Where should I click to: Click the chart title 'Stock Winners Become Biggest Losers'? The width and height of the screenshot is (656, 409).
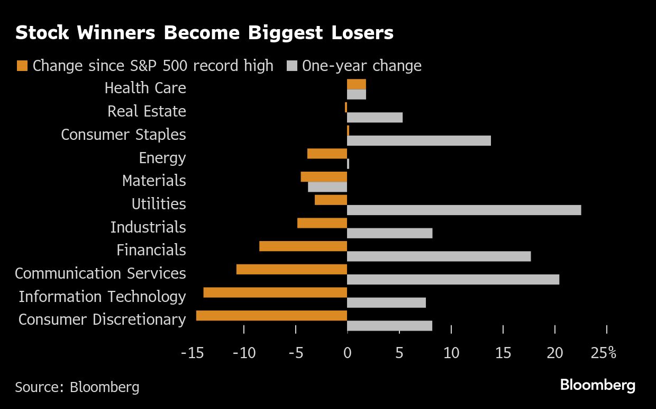point(204,33)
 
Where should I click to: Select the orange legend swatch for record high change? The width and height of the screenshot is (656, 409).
point(22,66)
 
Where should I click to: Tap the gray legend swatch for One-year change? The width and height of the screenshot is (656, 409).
point(291,66)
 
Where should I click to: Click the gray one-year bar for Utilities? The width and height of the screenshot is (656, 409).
point(464,210)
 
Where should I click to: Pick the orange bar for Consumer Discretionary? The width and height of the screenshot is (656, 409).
point(271,316)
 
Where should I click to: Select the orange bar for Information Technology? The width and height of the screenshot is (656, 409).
point(275,292)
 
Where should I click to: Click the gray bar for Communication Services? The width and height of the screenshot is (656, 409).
point(453,279)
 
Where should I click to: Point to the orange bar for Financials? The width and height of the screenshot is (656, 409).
point(303,246)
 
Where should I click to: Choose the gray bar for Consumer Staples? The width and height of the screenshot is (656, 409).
point(419,140)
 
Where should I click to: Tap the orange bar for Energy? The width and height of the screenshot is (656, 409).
point(327,154)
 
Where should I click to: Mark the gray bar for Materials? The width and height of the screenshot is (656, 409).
point(327,187)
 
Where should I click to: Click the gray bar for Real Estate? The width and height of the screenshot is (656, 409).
point(375,117)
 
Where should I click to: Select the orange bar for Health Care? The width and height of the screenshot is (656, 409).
point(356,84)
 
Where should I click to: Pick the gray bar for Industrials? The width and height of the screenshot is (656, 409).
point(389,233)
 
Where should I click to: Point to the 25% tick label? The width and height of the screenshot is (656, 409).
point(604,353)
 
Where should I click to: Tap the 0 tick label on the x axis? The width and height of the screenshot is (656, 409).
point(347,353)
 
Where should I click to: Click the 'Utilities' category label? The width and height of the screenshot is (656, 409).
point(159,203)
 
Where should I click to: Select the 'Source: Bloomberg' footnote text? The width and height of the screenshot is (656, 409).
point(77,387)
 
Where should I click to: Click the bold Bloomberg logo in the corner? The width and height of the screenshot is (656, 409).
point(598,385)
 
